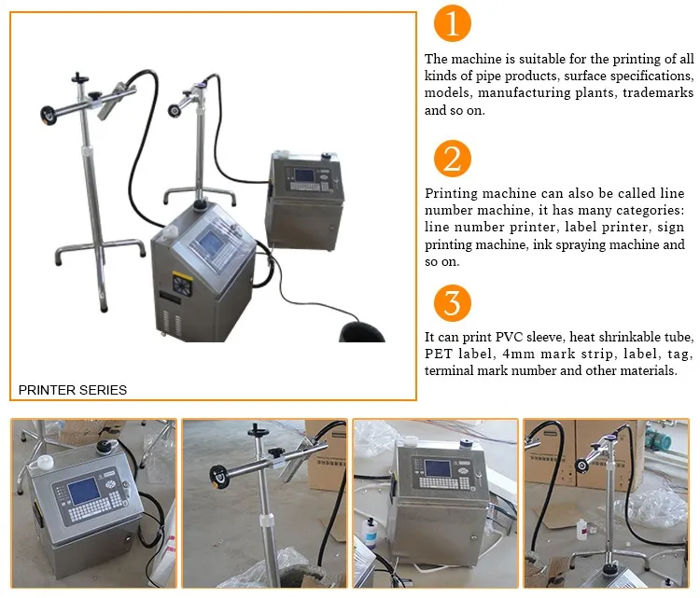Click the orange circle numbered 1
(453, 23)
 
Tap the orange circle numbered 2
(453, 159)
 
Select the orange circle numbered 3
(453, 303)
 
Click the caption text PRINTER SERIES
(73, 390)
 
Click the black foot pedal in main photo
(361, 332)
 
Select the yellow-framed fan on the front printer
(183, 285)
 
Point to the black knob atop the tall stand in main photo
(80, 78)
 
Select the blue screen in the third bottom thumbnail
(439, 468)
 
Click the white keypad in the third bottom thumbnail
(444, 482)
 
